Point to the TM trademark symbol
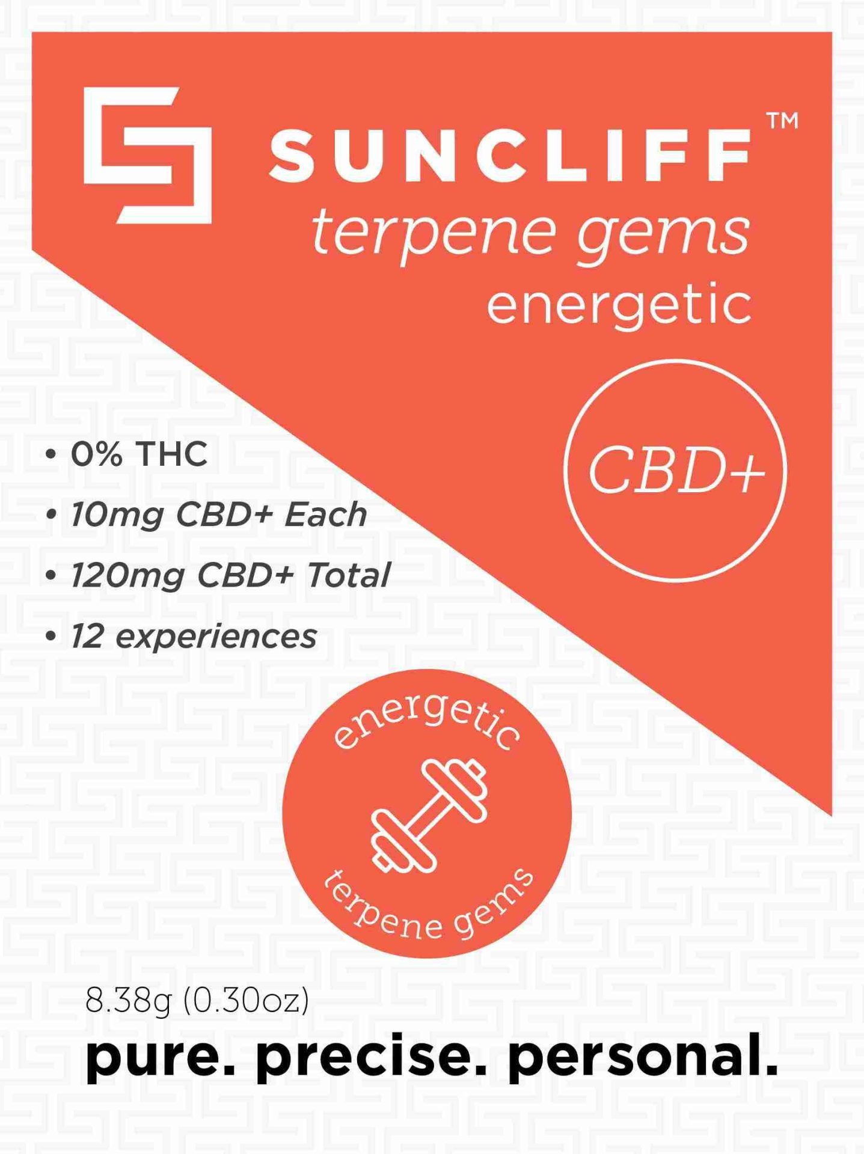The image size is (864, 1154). (783, 120)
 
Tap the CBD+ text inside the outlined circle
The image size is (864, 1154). (676, 471)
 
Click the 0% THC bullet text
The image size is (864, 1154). (139, 454)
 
